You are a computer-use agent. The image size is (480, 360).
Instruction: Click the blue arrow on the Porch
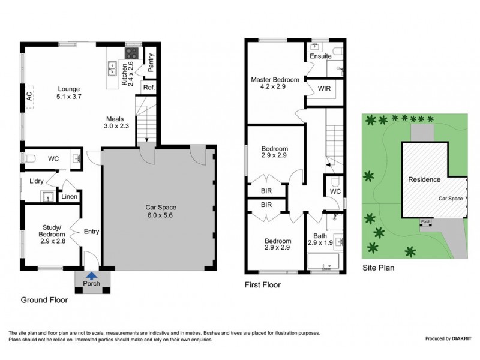[91, 276]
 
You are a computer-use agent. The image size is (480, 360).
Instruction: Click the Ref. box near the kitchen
[148, 88]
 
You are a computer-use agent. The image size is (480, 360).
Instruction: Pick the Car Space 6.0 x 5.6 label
[160, 212]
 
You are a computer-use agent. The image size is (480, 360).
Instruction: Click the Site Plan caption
[378, 268]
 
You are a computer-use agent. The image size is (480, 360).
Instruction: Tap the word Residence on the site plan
[424, 179]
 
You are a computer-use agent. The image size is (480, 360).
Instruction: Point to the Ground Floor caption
[44, 299]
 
